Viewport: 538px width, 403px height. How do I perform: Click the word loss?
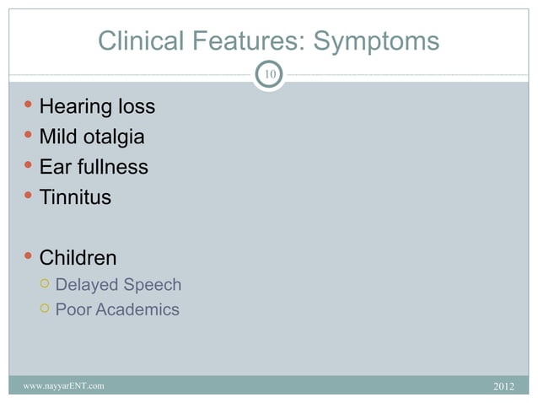[137, 107]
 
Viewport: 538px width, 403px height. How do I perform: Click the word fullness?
[113, 167]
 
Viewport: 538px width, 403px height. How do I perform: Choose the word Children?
[78, 257]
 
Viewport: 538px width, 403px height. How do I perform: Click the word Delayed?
[88, 285]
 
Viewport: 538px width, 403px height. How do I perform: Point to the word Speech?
[153, 285]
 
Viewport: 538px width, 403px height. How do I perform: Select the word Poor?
[73, 309]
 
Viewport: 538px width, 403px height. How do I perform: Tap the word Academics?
[137, 309]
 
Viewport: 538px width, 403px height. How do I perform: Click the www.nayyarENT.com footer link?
[64, 386]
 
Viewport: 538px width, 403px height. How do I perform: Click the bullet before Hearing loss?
[30, 106]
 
